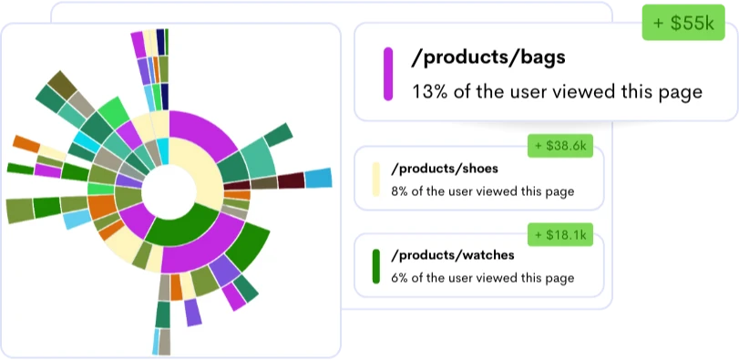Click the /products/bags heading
[488, 57]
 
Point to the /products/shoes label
[445, 169]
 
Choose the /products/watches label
[453, 255]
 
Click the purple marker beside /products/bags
[387, 74]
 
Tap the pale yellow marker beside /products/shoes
[375, 180]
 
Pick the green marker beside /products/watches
[375, 265]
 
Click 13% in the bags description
[429, 92]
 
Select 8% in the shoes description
[400, 191]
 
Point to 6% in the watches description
[400, 278]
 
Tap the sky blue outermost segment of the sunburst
[317, 178]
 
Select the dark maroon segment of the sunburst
[291, 180]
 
